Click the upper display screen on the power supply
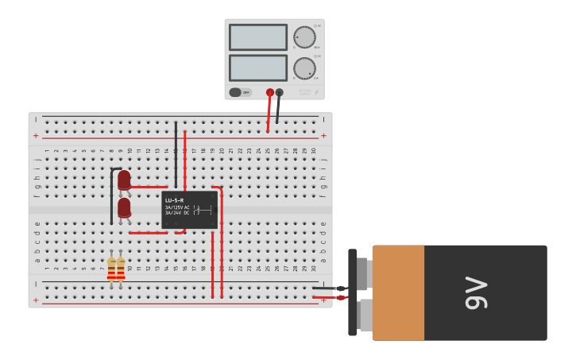257,37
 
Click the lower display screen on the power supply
257,68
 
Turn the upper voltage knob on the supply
304,37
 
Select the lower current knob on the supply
304,68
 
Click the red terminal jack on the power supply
270,92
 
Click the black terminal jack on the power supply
279,92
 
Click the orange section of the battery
397,292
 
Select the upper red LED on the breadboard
124,181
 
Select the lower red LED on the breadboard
124,208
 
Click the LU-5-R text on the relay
174,199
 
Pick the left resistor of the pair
112,269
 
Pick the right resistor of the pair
121,269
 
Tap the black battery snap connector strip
353,292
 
